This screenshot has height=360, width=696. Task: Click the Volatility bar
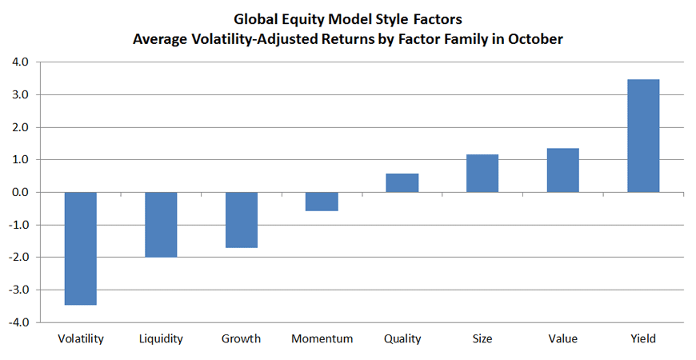80,249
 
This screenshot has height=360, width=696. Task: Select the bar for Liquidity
161,225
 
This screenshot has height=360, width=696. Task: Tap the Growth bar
242,220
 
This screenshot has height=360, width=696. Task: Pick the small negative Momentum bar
322,202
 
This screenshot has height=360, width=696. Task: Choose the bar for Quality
402,183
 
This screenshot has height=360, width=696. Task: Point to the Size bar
482,173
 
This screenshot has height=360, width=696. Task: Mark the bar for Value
563,170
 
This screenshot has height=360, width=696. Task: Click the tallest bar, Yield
643,136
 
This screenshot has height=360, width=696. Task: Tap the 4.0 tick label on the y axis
19,62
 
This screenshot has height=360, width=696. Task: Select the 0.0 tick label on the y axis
19,192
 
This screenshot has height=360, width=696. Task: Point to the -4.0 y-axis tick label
18,322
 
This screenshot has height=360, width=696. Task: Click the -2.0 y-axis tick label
18,258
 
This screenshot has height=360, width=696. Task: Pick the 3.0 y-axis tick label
19,95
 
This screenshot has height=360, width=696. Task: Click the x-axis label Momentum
322,338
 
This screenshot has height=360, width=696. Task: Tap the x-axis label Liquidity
161,339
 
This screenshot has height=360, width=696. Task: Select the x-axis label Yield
643,338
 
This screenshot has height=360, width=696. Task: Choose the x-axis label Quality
402,339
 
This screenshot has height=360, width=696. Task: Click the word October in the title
535,39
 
